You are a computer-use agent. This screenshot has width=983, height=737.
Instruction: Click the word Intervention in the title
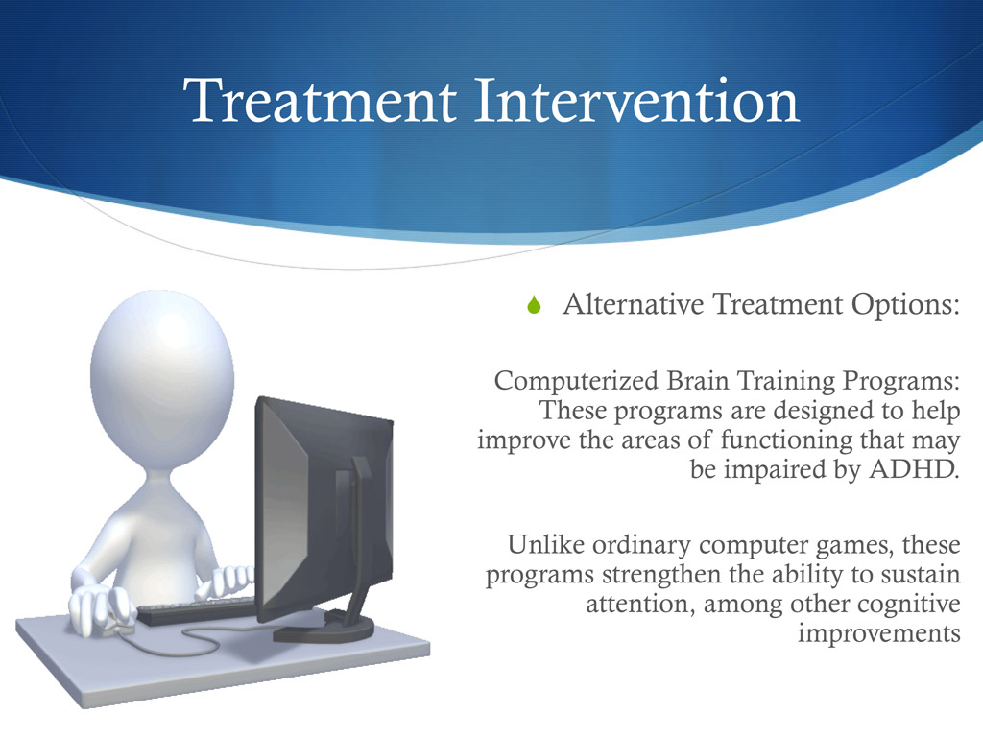tap(635, 101)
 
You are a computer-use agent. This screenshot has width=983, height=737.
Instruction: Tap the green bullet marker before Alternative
tap(535, 306)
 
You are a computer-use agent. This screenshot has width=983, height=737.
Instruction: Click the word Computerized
tap(576, 382)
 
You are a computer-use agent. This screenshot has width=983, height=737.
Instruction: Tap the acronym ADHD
tap(919, 470)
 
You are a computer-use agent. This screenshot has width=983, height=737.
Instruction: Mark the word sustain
tap(924, 576)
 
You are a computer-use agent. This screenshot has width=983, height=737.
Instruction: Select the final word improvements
tap(878, 634)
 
